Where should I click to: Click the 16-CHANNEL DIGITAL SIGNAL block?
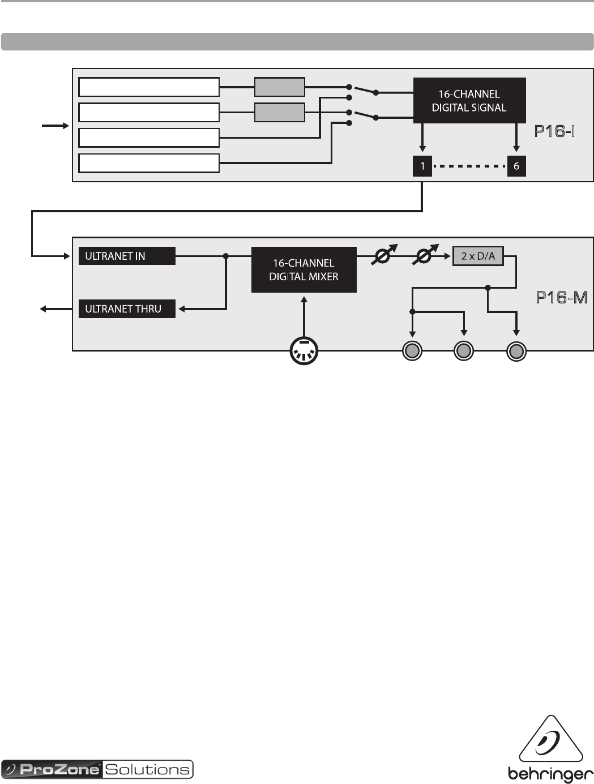(469, 101)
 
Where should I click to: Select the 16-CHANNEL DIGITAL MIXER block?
(304, 269)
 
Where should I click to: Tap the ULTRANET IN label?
(127, 256)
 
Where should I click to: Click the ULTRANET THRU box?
(127, 309)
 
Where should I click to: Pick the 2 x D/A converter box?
(478, 256)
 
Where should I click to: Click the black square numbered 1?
(422, 166)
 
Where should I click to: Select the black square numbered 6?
(516, 166)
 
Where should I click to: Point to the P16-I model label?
(555, 132)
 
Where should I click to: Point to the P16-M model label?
(561, 298)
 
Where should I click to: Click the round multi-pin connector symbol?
(304, 351)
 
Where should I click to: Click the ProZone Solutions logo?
(97, 769)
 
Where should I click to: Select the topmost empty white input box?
(149, 87)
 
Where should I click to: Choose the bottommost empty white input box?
(149, 163)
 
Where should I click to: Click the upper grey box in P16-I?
(280, 87)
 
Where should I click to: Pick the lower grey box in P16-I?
(280, 113)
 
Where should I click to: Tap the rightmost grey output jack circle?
(516, 352)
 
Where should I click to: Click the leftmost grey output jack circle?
(412, 352)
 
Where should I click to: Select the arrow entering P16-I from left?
(54, 126)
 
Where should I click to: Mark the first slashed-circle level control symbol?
(383, 256)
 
